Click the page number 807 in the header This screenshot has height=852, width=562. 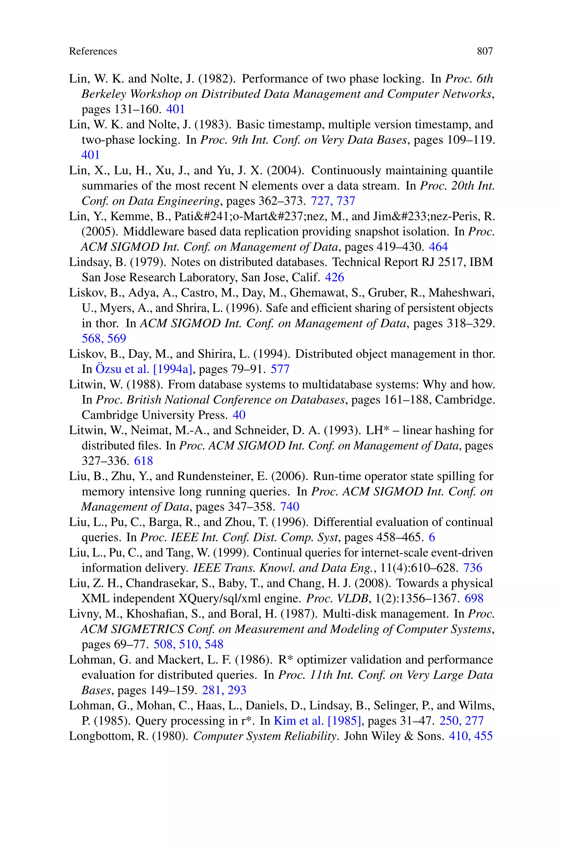(485, 52)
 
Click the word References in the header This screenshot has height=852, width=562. (93, 52)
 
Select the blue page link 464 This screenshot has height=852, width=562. (438, 247)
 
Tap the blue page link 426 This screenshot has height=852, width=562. (334, 277)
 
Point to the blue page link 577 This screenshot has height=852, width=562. (280, 369)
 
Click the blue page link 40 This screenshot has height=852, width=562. (239, 415)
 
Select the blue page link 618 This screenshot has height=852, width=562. (143, 461)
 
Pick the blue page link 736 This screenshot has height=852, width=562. (473, 568)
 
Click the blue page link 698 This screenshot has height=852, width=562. (474, 598)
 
